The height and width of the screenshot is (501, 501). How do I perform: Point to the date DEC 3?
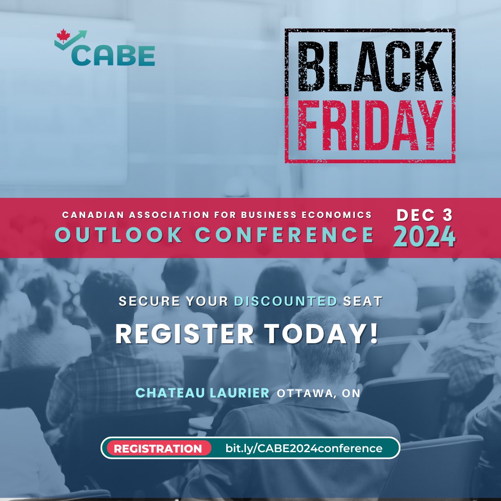424,215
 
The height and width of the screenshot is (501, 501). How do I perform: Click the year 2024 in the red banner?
424,237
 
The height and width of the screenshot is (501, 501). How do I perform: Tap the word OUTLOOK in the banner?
119,235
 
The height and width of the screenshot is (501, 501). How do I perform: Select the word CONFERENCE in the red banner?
284,235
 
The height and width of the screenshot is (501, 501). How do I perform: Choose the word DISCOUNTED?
285,301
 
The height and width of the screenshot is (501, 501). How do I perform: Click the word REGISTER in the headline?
184,334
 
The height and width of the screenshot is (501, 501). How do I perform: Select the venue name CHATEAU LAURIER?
202,393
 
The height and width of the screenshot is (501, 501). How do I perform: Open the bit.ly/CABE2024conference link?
304,448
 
